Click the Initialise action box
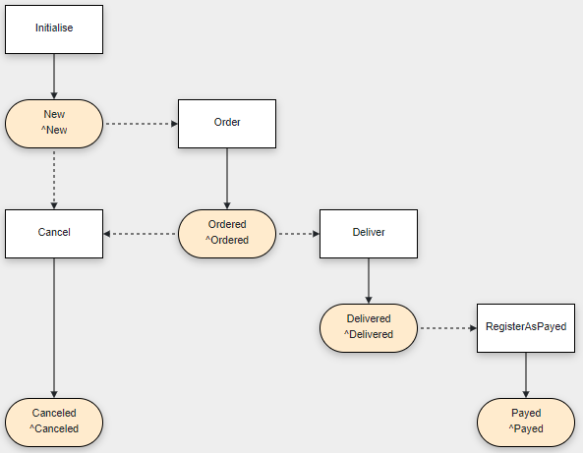tap(54, 29)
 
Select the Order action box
tap(227, 124)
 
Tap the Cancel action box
tap(54, 234)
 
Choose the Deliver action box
tap(369, 234)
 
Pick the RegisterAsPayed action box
tap(526, 328)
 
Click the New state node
tap(54, 124)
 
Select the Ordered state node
tap(227, 234)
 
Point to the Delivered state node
tap(369, 328)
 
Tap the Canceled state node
tap(54, 423)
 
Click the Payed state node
tap(526, 423)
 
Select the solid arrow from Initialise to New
tap(54, 77)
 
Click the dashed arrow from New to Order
tap(142, 124)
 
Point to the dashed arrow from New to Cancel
tap(54, 180)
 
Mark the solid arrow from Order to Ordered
tap(227, 179)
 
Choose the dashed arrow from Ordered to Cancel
tap(140, 234)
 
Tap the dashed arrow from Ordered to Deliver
tap(299, 234)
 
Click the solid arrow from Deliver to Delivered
tap(369, 281)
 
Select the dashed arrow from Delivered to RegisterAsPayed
tap(448, 328)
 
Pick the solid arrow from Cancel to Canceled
tap(54, 328)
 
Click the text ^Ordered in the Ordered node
tap(227, 240)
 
